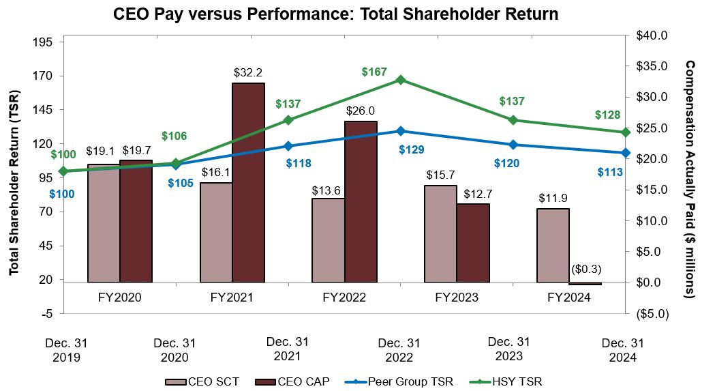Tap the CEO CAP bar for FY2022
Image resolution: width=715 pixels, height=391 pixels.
tap(361, 201)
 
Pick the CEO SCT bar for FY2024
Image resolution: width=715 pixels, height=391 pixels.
tap(553, 245)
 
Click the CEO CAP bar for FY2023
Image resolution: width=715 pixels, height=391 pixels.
tap(473, 242)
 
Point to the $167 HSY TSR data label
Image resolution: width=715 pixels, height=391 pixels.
tap(374, 72)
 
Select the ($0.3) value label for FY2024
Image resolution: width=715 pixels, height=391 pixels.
tap(585, 269)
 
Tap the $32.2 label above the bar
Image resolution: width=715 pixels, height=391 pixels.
tap(248, 72)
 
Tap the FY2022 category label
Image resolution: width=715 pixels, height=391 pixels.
tap(344, 298)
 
